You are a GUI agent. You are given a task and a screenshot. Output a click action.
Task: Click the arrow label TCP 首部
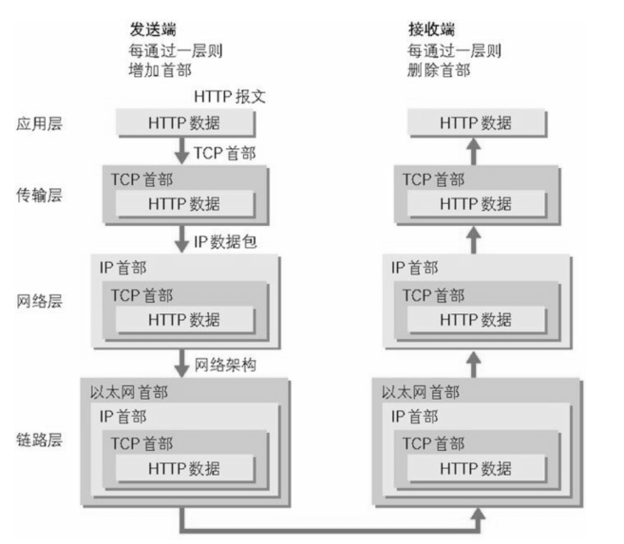(227, 152)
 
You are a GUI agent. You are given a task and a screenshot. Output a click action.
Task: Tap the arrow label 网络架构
(224, 364)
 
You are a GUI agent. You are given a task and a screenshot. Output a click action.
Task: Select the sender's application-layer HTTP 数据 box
(184, 123)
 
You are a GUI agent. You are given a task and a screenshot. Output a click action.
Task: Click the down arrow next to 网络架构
(183, 363)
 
